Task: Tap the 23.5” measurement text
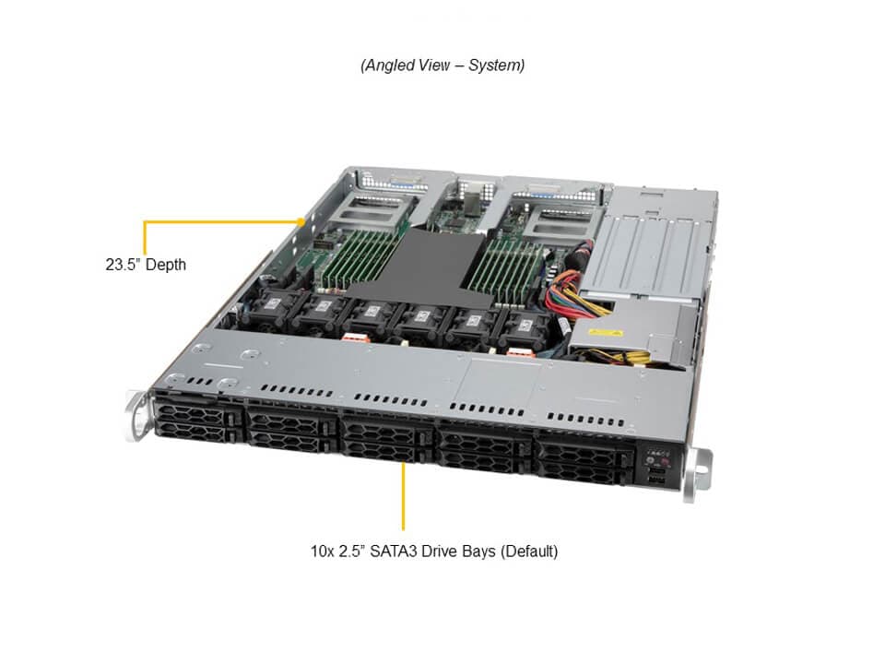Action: tap(121, 265)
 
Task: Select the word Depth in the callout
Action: tap(164, 265)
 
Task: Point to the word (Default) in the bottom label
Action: tap(529, 551)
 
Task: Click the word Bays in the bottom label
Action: tap(479, 551)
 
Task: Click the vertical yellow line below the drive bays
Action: tap(403, 496)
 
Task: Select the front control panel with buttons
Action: tap(655, 466)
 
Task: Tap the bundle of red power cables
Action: tap(565, 289)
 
